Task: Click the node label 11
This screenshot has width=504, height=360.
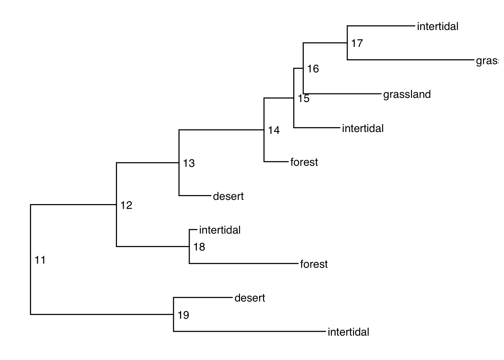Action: coord(40,260)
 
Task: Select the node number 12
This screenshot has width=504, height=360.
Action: coord(126,205)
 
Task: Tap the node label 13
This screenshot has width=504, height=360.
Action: coord(189,163)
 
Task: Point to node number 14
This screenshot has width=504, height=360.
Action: coord(274,130)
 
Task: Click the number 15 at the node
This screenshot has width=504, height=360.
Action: coord(304,99)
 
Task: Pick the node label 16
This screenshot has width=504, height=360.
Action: coord(313,69)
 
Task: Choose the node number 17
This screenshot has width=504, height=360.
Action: coord(357,43)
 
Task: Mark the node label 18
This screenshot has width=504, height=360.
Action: coord(199,247)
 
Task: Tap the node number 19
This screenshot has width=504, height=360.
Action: coord(183,315)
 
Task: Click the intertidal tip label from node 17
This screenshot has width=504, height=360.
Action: coord(437,26)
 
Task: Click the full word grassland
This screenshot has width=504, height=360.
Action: coord(407,94)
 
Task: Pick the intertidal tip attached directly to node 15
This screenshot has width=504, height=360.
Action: coord(363,128)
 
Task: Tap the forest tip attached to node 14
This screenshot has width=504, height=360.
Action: coord(304,162)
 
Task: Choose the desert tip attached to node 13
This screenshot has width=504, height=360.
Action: coord(228,196)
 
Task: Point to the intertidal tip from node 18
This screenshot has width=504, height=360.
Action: coord(220,230)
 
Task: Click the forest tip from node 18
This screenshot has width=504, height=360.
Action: coord(314,264)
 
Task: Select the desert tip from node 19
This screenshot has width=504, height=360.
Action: coord(249,298)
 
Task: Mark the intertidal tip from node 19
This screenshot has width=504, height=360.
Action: coord(348,332)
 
